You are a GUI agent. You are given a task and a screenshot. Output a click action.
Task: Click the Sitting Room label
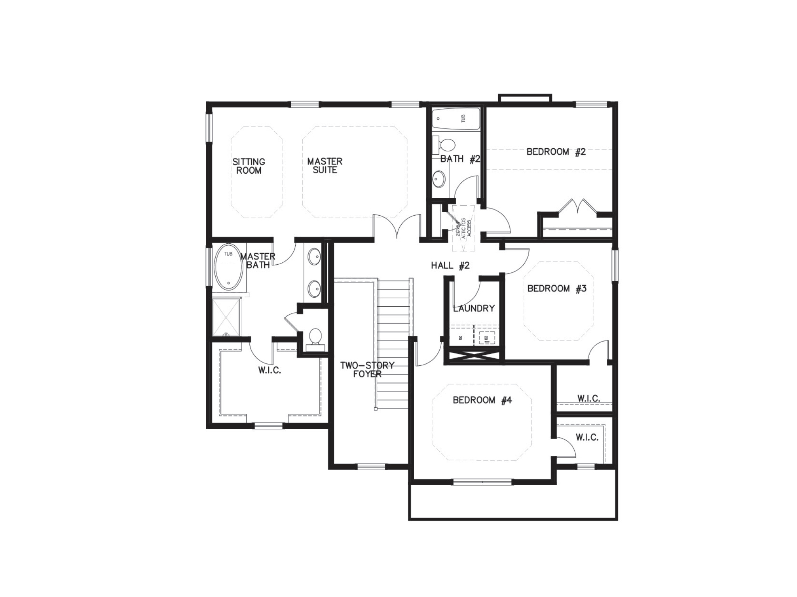pos(249,166)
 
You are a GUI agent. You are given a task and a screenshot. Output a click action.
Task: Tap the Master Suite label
pos(325,166)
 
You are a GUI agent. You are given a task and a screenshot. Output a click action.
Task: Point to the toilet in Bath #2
pos(446,145)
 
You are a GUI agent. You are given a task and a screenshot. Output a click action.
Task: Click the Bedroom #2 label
pos(556,152)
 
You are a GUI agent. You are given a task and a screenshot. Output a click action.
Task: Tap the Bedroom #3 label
pos(556,288)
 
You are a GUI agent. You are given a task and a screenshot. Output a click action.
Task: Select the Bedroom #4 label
pos(482,400)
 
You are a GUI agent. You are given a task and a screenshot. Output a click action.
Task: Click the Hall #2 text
pos(450,265)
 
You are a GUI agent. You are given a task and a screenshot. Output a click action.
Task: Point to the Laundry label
pos(474,308)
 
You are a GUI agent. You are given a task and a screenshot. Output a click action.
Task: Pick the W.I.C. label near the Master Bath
pos(269,370)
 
